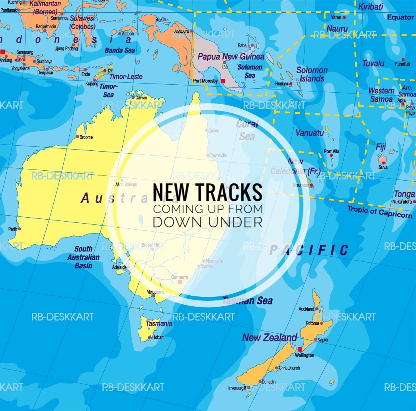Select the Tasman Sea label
pos(247,301)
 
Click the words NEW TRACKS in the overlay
pos(207,192)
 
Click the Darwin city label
pos(141,98)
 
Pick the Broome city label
pos(86,137)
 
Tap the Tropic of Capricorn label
pos(380,212)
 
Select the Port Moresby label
pos(205,81)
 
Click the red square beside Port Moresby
pos(223,81)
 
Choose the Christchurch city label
pos(289,368)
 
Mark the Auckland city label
pos(306,309)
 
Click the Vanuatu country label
pos(309,133)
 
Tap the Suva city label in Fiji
pos(383,168)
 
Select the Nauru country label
pos(337,29)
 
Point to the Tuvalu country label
pos(373,63)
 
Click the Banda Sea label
pos(119,51)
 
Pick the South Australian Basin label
pos(83,257)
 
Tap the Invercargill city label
pos(237,387)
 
